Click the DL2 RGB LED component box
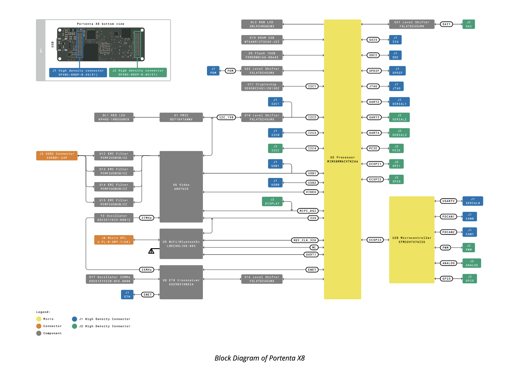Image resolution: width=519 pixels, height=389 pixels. pos(262,24)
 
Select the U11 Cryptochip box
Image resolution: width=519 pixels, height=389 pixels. pos(262,86)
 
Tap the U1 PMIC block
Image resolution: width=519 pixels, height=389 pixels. pos(181,117)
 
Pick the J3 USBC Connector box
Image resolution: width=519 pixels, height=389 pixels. pos(57,156)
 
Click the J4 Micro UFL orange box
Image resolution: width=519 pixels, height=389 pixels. pos(114,240)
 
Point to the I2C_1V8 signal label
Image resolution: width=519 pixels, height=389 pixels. pos(226,117)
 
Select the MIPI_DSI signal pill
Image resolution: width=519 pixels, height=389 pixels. pos(308,211)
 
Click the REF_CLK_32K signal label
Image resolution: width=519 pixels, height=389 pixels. pos(305,240)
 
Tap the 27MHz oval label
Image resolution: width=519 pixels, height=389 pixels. pos(147,218)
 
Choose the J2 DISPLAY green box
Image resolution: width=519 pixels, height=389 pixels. pos(272,201)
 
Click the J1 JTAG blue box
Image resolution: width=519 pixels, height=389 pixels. pos(396,86)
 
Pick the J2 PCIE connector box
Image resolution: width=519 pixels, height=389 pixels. pos(396,148)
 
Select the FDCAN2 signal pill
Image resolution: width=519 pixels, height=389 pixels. pos(448,232)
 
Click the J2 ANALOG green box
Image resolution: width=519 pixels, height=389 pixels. pos(471,263)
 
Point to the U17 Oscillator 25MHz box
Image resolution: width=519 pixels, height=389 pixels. pos(110,279)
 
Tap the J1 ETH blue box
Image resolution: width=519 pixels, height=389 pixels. pos(127,294)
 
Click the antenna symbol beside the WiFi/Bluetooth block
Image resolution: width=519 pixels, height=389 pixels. pos(151,251)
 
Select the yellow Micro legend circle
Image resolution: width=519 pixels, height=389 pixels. pos(39,319)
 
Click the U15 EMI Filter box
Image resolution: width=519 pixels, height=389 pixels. pos(114,202)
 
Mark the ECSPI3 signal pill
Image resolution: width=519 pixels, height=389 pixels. pos(375,240)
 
